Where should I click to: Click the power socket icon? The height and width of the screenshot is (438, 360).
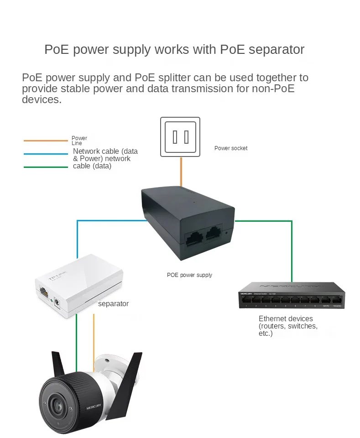tap(180, 136)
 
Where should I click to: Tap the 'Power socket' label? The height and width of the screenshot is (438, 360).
tap(231, 148)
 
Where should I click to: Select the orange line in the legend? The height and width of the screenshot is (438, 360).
tap(46, 141)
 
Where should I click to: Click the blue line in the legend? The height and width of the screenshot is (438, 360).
tap(46, 154)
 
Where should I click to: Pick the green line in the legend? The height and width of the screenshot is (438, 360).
tap(46, 167)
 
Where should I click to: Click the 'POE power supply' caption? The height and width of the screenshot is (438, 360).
tap(189, 275)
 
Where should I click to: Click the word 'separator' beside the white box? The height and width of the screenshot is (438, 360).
tap(114, 304)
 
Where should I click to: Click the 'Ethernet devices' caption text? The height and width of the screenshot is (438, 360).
tap(286, 318)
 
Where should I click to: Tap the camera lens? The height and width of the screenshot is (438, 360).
tap(57, 404)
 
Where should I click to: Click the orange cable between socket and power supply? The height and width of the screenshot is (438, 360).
tap(181, 171)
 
